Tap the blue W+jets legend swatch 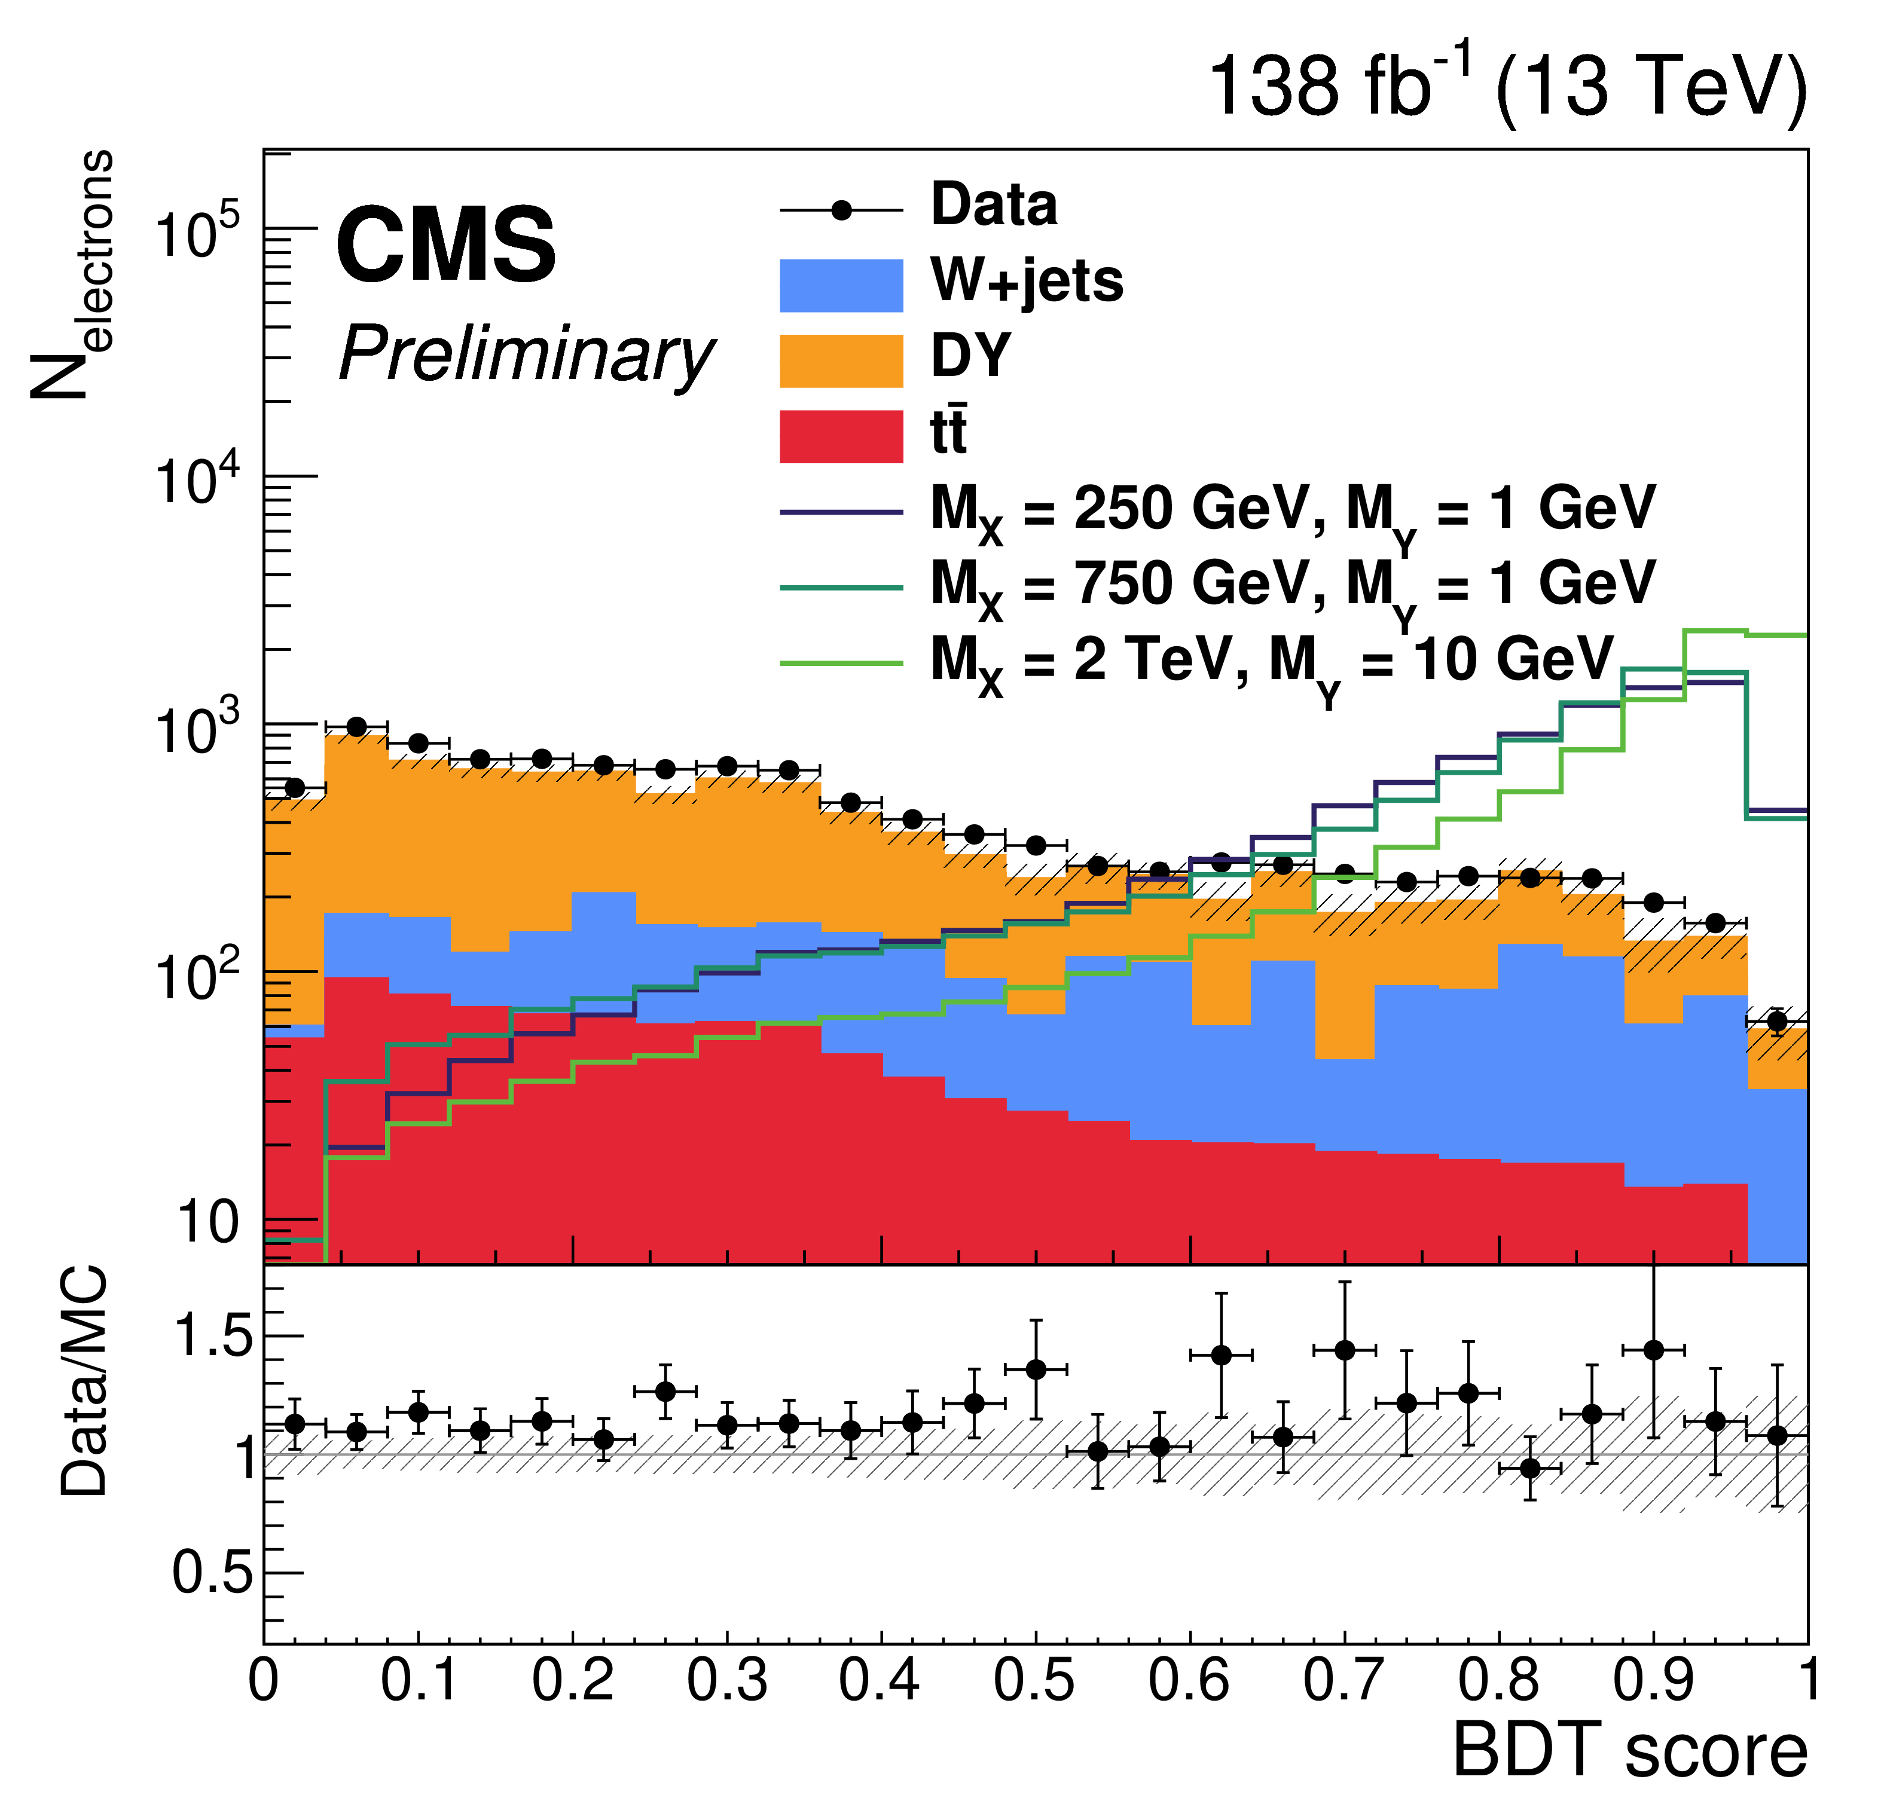click(841, 286)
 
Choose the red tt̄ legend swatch click(841, 436)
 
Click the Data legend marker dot click(842, 210)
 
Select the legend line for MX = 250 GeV click(841, 512)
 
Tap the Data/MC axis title click(84, 1382)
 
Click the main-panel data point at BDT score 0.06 click(356, 727)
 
